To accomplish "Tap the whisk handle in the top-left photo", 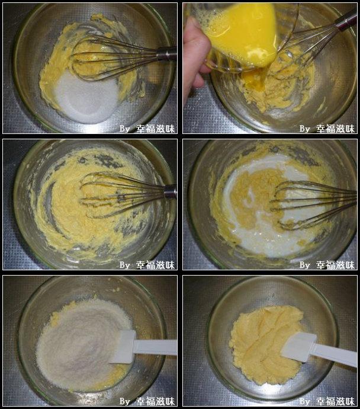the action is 167,55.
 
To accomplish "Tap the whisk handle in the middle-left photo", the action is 171,191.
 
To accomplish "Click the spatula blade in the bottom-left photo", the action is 123,347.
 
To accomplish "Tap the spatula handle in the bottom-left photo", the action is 156,347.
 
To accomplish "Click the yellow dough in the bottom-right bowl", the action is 266,344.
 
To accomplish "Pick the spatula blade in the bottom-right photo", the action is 298,347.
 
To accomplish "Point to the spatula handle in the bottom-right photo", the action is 335,354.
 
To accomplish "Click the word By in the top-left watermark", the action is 124,129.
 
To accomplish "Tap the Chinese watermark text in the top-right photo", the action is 336,129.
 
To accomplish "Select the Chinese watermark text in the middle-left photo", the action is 155,265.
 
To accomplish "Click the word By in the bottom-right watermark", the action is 304,401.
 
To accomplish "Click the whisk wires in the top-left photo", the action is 115,58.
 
